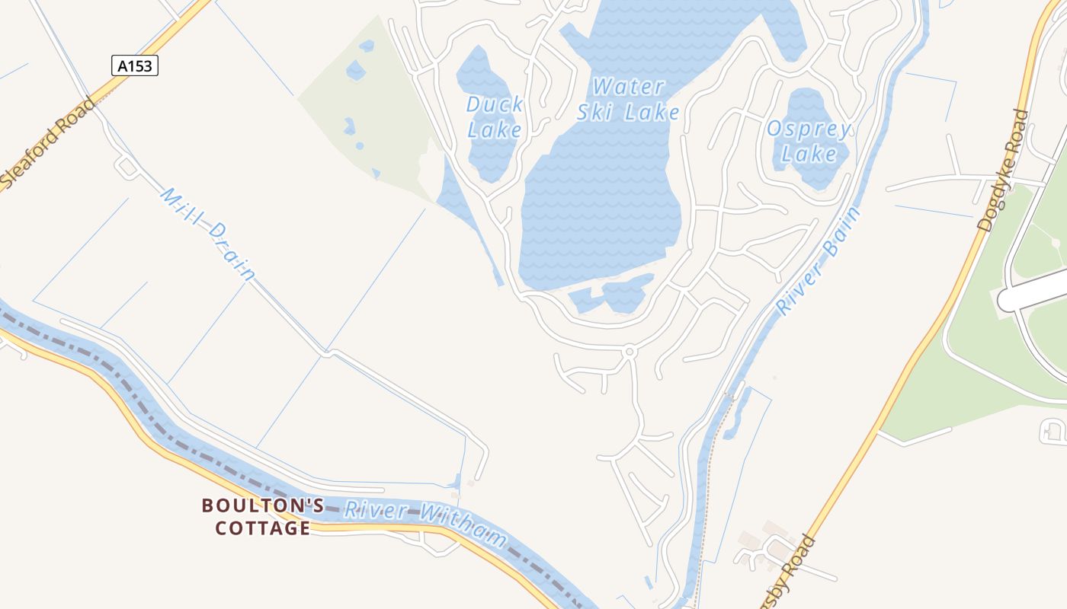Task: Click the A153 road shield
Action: tap(135, 66)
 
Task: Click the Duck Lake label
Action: tap(495, 116)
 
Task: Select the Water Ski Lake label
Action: tap(628, 100)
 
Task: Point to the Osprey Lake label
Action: tap(809, 141)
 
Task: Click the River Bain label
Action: tap(819, 260)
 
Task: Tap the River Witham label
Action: tap(425, 521)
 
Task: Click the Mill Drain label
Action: tap(206, 234)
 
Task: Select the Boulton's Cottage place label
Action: tap(263, 516)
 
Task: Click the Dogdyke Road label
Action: tap(1003, 170)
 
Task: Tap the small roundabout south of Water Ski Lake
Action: tap(630, 352)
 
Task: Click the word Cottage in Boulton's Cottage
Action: tap(263, 528)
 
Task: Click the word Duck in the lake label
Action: tap(495, 104)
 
